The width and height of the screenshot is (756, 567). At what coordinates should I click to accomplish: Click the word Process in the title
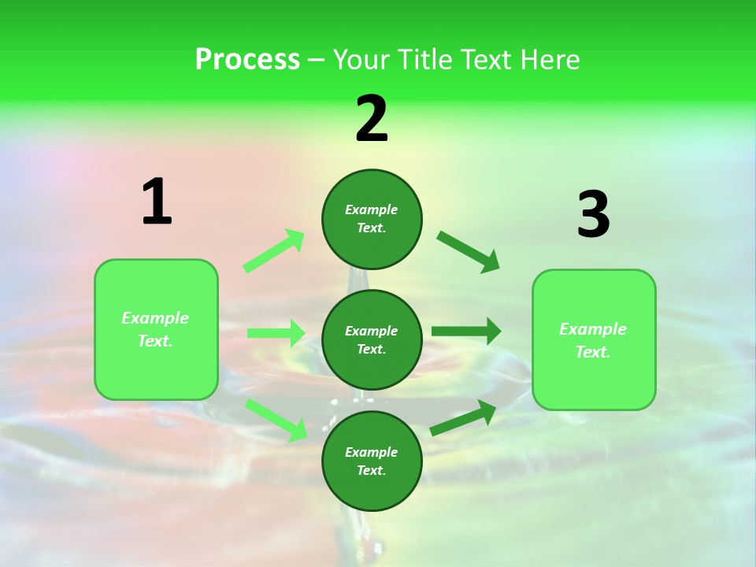[247, 60]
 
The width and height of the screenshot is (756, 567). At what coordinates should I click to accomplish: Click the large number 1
[156, 202]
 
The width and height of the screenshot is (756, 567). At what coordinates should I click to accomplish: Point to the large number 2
[372, 119]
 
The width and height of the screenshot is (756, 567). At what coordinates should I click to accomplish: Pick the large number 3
[593, 214]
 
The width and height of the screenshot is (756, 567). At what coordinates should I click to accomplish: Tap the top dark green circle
[372, 219]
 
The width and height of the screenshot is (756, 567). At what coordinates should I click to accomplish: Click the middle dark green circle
[372, 339]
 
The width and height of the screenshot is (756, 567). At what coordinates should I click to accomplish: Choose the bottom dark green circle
[372, 461]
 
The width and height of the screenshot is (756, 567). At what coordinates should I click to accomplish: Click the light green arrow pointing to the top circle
[274, 251]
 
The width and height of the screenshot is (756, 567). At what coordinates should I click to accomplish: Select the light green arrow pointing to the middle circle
[276, 333]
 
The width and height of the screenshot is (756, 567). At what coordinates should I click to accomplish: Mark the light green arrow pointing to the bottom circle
[276, 419]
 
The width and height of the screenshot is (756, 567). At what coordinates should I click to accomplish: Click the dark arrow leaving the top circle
[468, 251]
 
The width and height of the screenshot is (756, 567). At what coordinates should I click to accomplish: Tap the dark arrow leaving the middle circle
[465, 332]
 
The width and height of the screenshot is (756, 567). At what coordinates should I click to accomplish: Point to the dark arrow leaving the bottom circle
[463, 418]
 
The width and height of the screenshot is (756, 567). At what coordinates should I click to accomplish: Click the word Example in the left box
[155, 318]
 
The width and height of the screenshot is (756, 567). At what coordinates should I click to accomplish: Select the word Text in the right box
[592, 352]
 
